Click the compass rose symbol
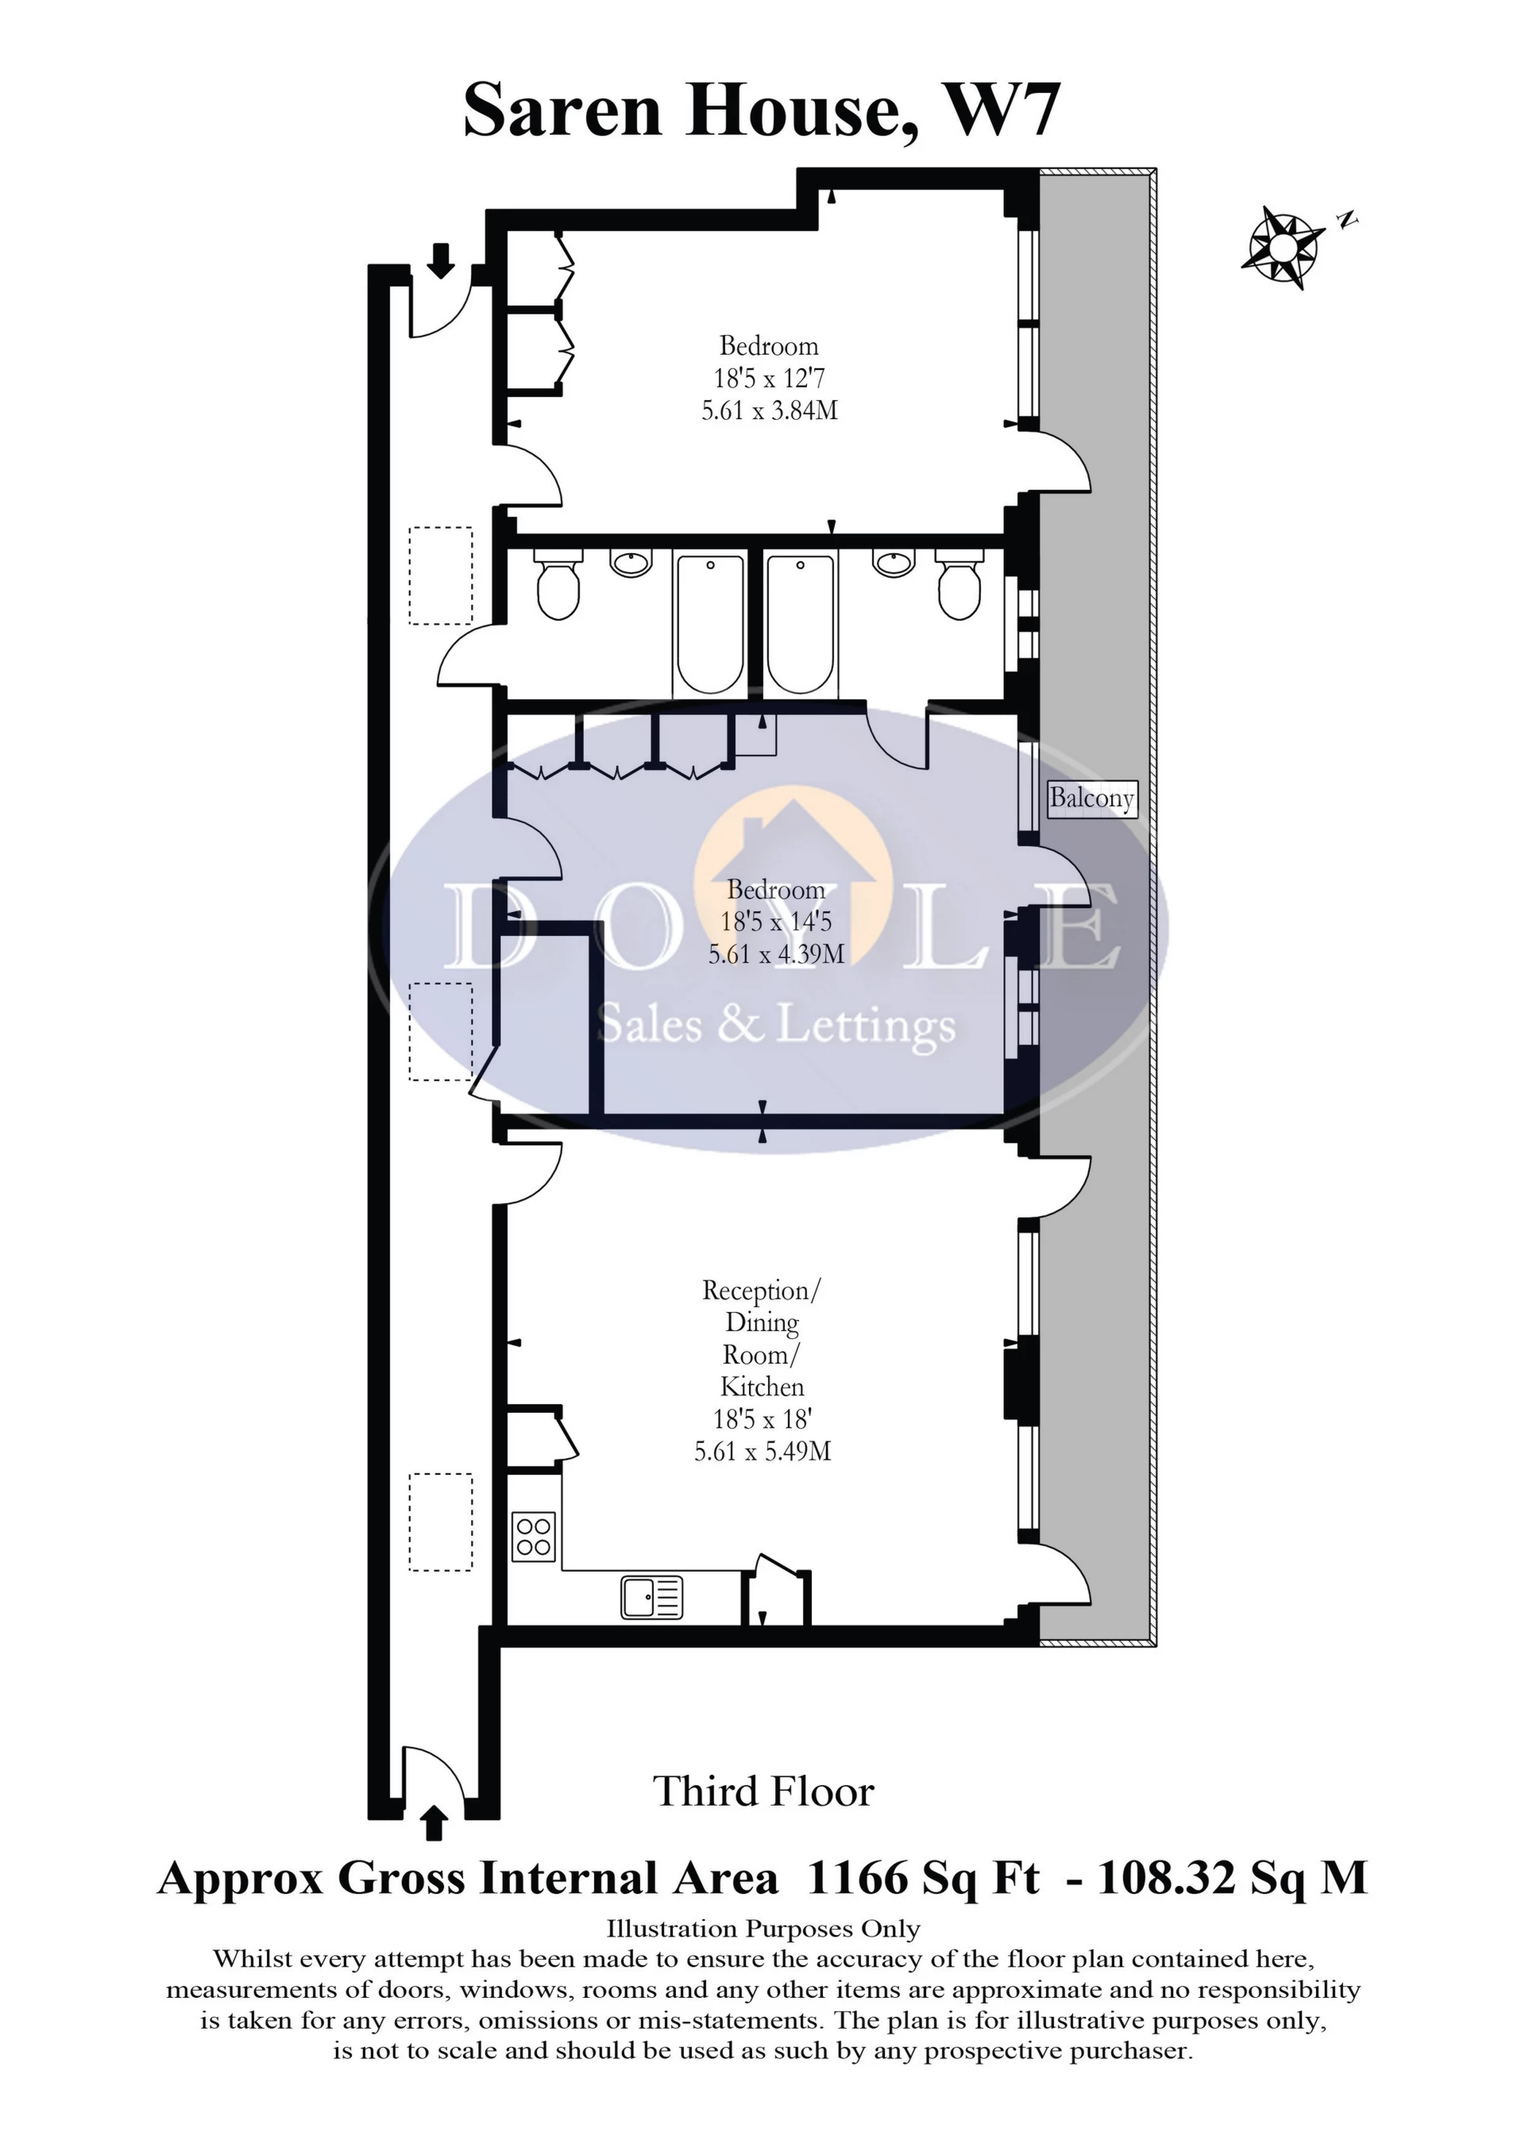point(1282,247)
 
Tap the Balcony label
point(1091,799)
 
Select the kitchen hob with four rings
point(534,1537)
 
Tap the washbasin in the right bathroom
point(892,562)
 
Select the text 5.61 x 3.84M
point(769,411)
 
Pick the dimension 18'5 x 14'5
point(776,922)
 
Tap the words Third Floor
point(762,1791)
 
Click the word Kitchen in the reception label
point(762,1387)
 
